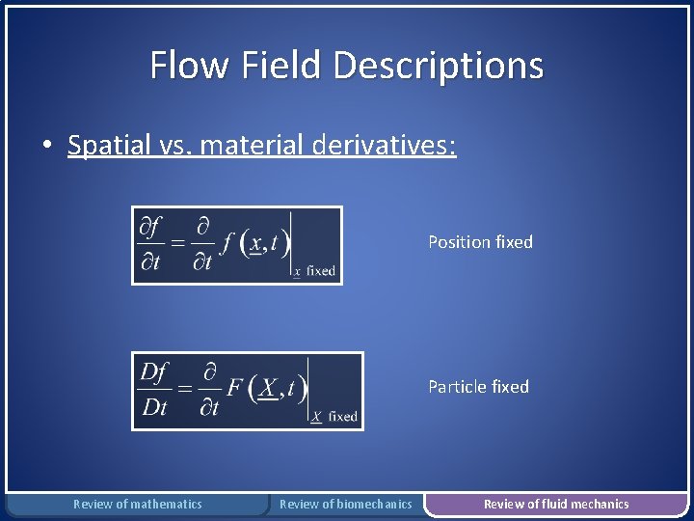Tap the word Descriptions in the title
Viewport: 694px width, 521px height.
[439, 66]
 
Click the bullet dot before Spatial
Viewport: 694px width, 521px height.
[46, 147]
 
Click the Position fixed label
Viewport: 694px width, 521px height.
[480, 242]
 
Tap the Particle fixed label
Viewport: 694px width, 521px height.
[478, 387]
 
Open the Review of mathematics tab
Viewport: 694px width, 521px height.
[138, 504]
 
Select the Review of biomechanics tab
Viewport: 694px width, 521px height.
[345, 504]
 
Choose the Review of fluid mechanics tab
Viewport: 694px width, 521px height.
[556, 504]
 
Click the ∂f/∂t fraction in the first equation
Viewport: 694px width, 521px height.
[149, 245]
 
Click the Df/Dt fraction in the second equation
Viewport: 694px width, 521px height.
[154, 390]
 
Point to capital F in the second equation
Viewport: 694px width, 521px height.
[234, 388]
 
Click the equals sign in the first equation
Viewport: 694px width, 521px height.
[177, 245]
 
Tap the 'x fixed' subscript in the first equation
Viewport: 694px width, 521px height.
[314, 271]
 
